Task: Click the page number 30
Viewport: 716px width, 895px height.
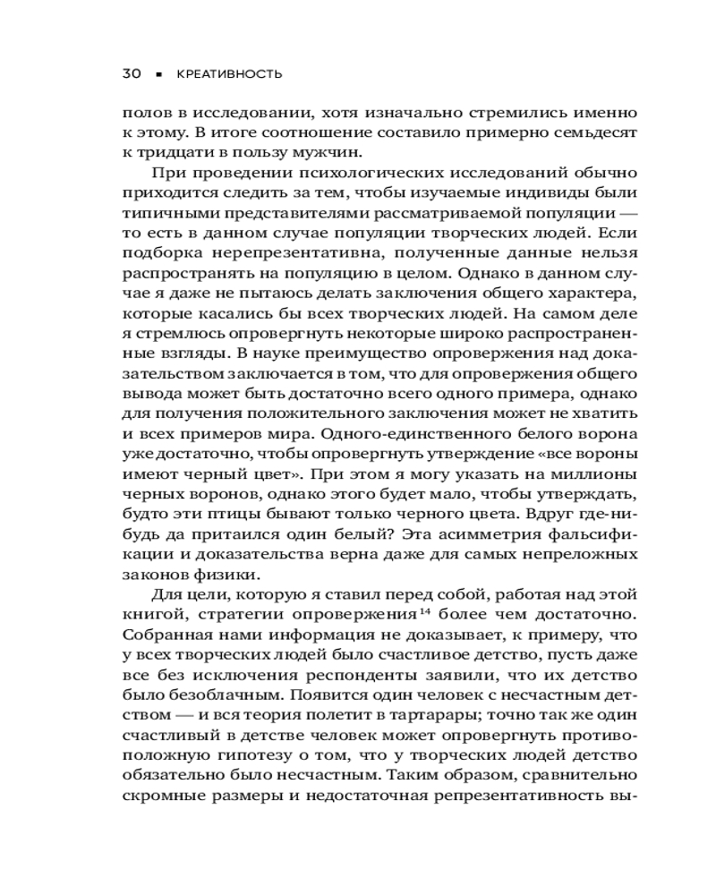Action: [x=131, y=74]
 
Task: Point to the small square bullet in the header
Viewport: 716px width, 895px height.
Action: [x=160, y=75]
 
